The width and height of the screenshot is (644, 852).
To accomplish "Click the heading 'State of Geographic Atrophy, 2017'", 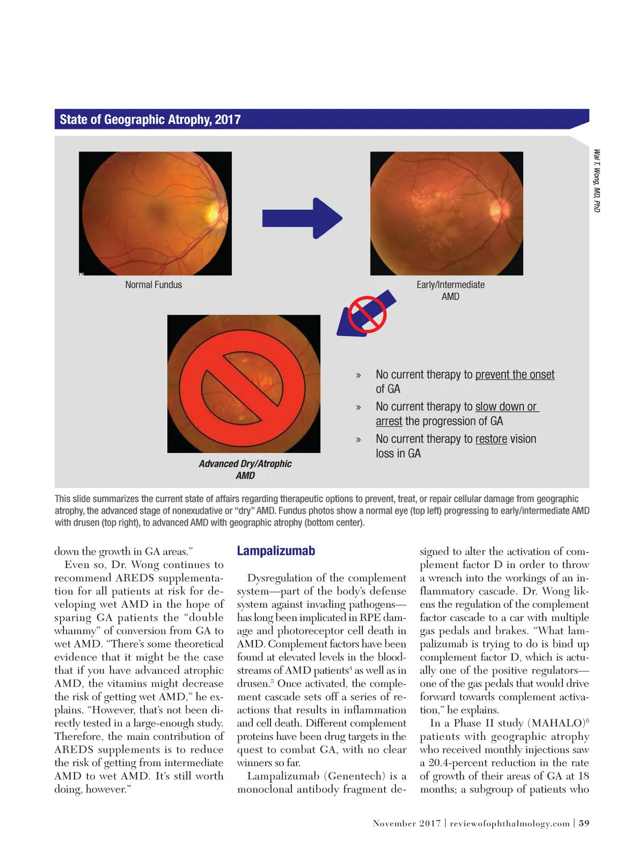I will click(x=150, y=119).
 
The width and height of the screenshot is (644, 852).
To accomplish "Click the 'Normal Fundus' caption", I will click(x=153, y=285).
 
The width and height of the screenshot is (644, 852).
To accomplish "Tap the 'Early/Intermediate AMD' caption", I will click(x=450, y=290).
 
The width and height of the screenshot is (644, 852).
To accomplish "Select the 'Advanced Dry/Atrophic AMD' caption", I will click(x=245, y=470).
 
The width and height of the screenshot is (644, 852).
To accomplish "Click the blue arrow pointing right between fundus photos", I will click(x=302, y=218).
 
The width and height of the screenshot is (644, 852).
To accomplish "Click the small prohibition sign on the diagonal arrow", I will click(x=367, y=314).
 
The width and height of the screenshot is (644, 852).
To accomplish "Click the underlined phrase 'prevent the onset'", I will click(x=515, y=375).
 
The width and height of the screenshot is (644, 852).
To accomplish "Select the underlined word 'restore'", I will click(x=491, y=439).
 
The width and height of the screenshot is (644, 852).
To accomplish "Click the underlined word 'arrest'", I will click(x=389, y=421).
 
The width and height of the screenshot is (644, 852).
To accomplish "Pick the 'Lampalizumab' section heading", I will click(x=276, y=551).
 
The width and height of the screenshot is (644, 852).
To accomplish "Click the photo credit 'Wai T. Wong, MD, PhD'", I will click(x=597, y=180).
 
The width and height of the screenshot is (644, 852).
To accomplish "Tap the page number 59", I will click(x=584, y=824).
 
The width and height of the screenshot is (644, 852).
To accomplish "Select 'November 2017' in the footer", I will click(x=407, y=824).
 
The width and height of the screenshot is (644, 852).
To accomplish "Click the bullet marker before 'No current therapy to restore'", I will click(x=358, y=440).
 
